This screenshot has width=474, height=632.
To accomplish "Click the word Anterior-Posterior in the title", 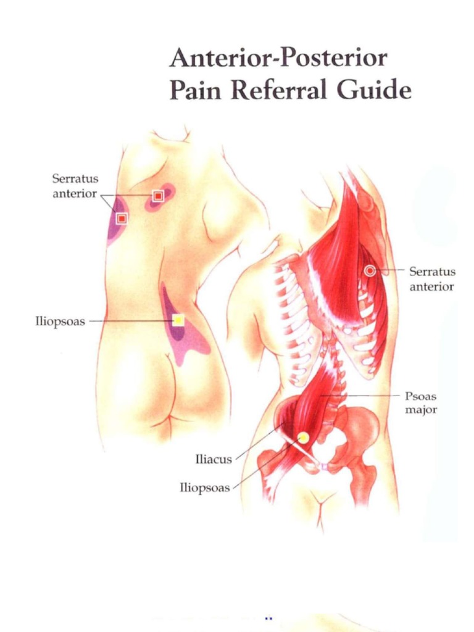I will [278, 59].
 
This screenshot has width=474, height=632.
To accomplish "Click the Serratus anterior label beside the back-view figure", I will [75, 186].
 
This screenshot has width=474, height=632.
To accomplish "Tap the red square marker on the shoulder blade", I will [158, 196].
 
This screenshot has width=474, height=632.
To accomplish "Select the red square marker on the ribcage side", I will [122, 218].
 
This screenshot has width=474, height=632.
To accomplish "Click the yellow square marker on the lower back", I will [178, 320].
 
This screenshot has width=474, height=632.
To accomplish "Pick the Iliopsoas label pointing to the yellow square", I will [60, 322].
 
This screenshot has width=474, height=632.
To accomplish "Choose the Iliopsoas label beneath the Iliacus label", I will [204, 488].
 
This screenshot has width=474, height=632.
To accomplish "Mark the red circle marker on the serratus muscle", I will [370, 270].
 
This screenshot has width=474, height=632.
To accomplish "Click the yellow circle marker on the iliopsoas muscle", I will [303, 438].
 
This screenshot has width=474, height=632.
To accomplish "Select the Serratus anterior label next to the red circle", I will [432, 278].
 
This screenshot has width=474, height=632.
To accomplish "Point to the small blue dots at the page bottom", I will [268, 617].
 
